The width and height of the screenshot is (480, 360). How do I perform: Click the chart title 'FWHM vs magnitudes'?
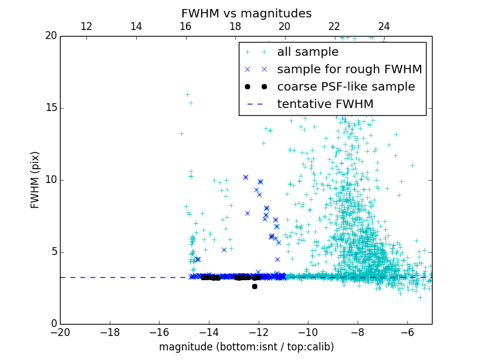(x=246, y=13)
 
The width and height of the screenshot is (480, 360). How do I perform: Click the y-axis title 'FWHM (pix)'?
(x=35, y=179)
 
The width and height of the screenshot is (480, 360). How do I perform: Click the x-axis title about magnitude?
(x=246, y=347)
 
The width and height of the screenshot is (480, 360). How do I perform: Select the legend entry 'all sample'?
(x=307, y=52)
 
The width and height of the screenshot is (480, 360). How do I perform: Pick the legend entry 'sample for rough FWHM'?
(x=349, y=70)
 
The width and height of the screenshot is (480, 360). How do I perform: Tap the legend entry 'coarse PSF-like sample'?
(x=346, y=87)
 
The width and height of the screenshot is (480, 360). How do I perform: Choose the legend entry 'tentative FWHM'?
(x=325, y=104)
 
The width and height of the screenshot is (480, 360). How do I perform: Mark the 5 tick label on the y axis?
(x=53, y=252)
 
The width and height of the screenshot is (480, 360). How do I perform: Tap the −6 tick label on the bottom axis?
(x=407, y=332)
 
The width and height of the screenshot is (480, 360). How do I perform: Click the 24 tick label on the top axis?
(x=383, y=26)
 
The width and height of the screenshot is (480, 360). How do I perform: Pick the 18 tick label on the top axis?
(x=235, y=26)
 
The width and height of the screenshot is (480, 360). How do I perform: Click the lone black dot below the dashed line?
(x=254, y=286)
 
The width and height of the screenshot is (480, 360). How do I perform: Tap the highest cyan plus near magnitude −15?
(x=187, y=94)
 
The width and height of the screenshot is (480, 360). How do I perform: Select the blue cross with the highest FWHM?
(x=245, y=177)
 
